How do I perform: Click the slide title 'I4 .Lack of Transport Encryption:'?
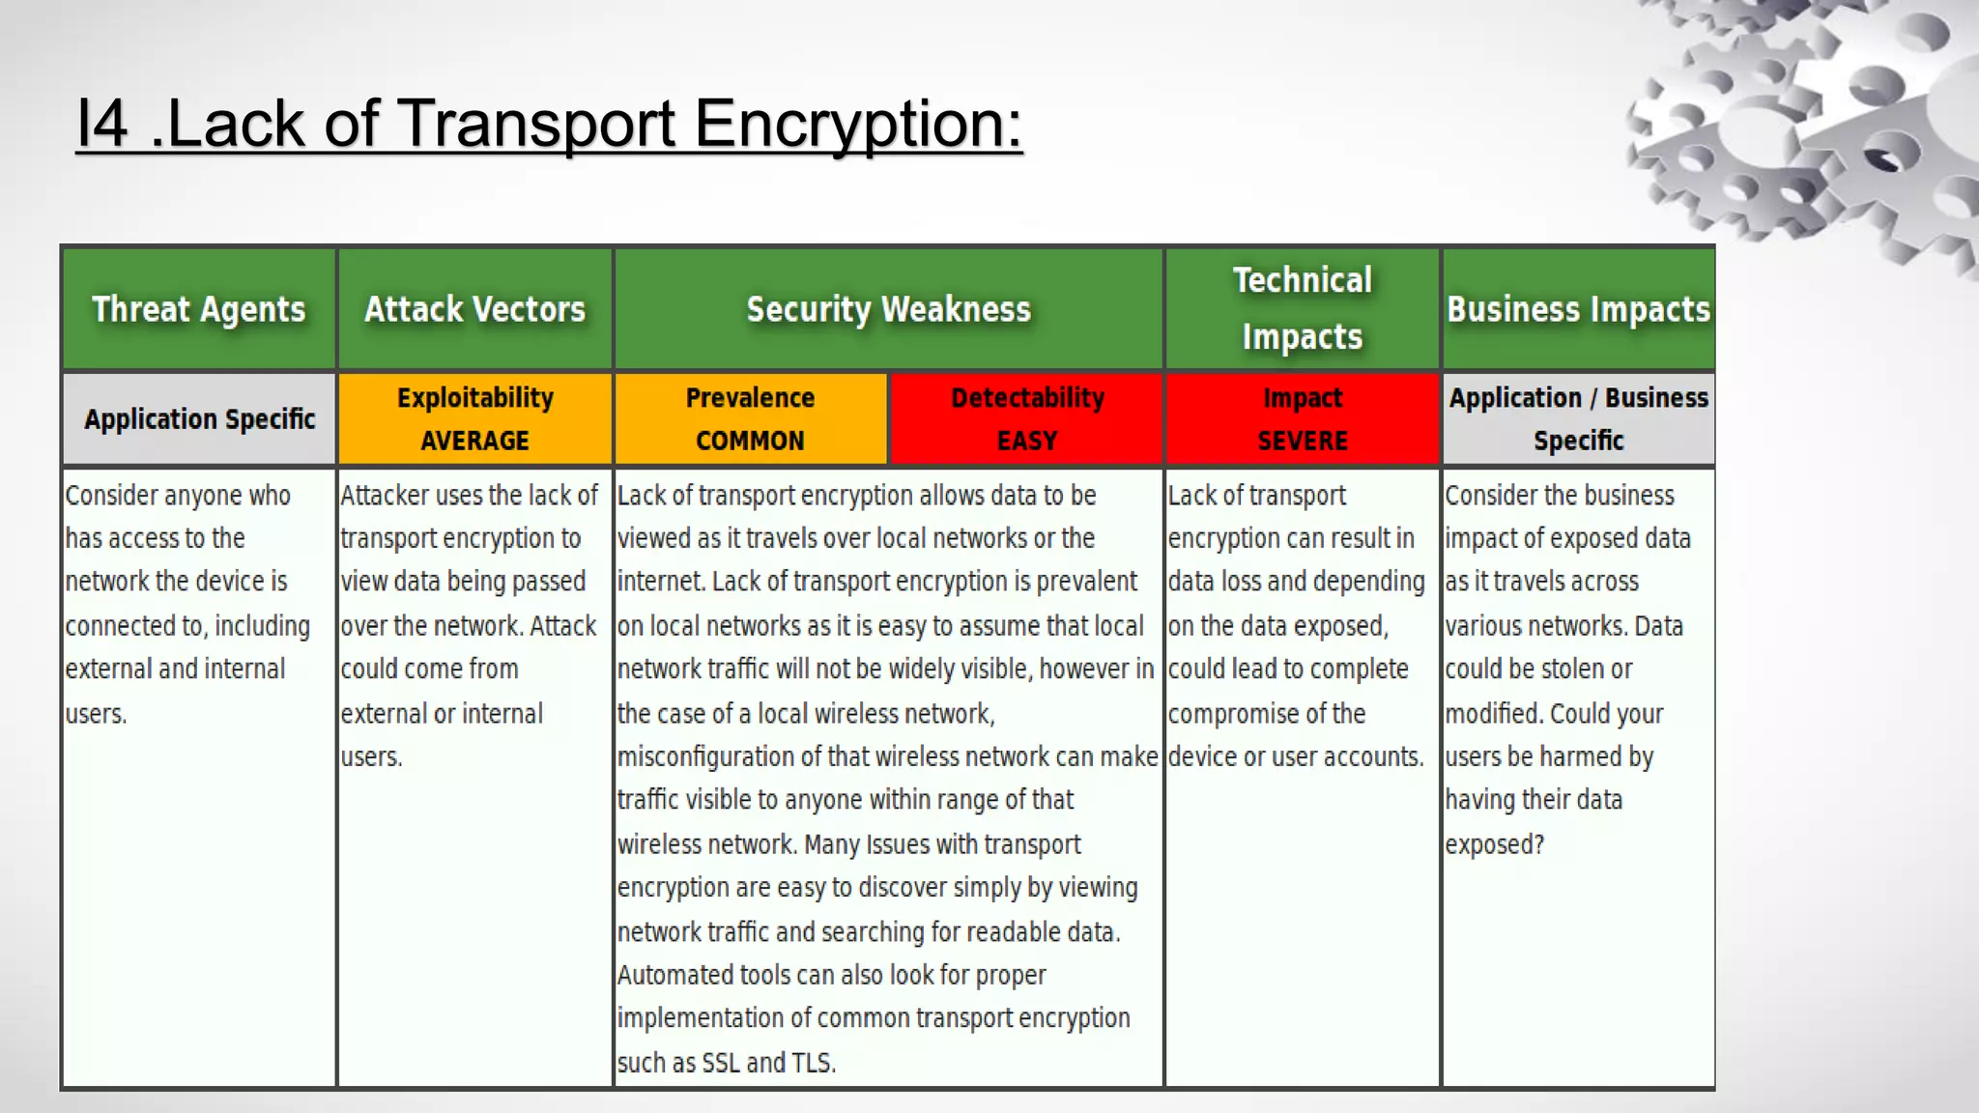tap(549, 124)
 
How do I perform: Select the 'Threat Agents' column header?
tap(198, 309)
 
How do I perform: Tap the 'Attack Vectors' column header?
tap(474, 309)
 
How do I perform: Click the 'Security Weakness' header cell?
tap(888, 309)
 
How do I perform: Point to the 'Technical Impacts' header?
tap(1302, 308)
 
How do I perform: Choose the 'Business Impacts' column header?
tap(1578, 309)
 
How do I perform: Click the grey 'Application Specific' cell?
tap(199, 419)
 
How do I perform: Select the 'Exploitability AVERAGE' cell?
tap(474, 419)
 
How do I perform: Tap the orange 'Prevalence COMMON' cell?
tap(750, 419)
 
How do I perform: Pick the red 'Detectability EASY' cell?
tap(1026, 419)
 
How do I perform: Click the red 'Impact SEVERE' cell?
tap(1302, 419)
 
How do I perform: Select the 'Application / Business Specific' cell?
tap(1578, 419)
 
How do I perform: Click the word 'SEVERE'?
tap(1302, 442)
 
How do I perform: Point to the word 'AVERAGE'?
tap(474, 442)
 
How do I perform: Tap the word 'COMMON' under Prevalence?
tap(750, 442)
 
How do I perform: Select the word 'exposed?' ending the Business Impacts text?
tap(1494, 844)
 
